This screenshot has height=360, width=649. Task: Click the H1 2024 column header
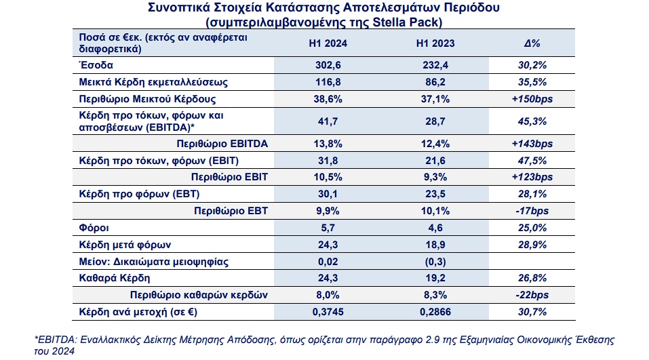coord(328,43)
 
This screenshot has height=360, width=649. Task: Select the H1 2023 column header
coord(435,43)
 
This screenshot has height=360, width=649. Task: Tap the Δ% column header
coord(532,43)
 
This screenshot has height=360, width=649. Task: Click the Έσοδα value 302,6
coord(328,65)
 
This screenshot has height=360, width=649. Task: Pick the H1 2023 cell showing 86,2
coord(435,82)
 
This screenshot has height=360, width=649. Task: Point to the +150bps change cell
coord(532,99)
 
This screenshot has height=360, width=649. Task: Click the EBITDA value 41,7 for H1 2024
coord(328,121)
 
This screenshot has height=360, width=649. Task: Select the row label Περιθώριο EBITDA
coord(222,144)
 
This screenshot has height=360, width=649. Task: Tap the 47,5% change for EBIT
coord(532,161)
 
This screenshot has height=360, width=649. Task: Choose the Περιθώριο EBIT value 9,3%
coord(435,177)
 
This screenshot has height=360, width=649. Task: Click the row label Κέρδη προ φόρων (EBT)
coord(139,194)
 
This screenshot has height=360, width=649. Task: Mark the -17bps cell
coord(532,211)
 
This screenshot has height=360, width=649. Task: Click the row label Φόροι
coord(94,228)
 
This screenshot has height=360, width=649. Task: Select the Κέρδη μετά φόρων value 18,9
coord(435,245)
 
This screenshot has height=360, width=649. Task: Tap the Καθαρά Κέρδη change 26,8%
coord(532,278)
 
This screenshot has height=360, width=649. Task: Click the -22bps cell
coord(532,295)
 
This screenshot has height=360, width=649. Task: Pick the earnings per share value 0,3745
coord(328,312)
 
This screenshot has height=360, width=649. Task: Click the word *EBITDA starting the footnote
coord(56,340)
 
